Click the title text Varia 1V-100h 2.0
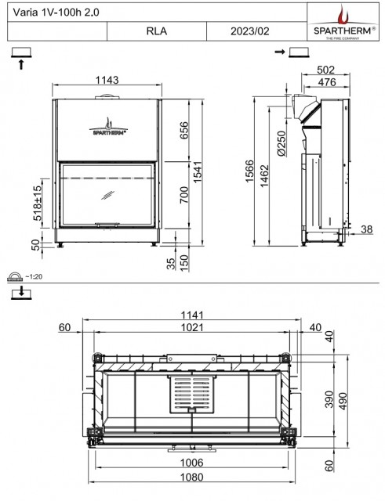[56, 13]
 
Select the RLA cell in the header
[157, 31]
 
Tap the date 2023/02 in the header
[250, 31]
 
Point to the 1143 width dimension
[107, 80]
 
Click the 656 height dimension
[184, 131]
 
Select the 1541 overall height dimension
[198, 172]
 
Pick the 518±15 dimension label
[38, 203]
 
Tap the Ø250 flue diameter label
[281, 143]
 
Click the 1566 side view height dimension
[249, 171]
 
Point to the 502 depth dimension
[325, 70]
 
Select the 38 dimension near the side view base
[367, 229]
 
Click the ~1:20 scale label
[34, 276]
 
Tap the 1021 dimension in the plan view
[192, 327]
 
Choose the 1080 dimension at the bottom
[191, 477]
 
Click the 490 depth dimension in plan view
[343, 402]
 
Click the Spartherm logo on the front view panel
[108, 127]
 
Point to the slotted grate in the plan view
[192, 393]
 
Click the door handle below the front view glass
[107, 225]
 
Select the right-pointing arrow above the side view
[280, 52]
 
